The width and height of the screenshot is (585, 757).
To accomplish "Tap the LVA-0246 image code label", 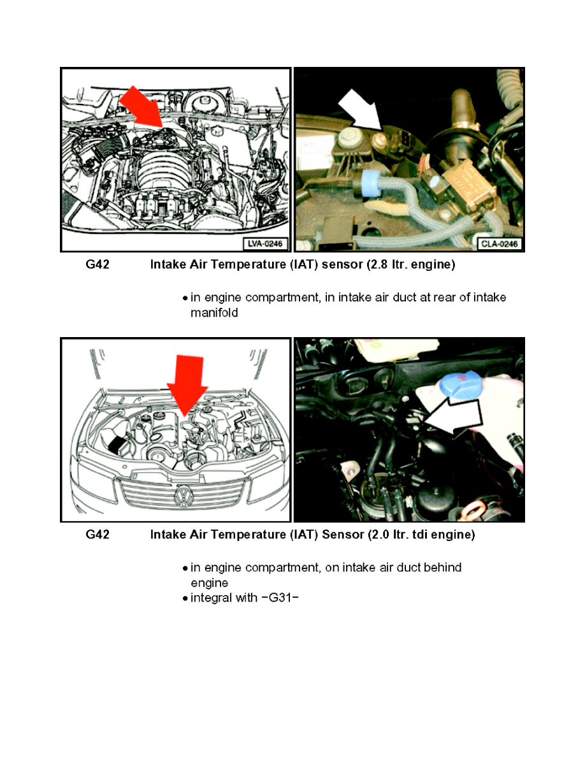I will [x=265, y=243].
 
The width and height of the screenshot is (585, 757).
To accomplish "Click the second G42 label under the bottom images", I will [x=97, y=535].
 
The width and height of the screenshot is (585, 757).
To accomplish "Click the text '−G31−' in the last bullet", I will [x=280, y=598].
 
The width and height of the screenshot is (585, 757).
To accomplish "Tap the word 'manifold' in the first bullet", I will [x=214, y=313].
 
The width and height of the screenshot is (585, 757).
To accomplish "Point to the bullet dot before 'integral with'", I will [x=185, y=599].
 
